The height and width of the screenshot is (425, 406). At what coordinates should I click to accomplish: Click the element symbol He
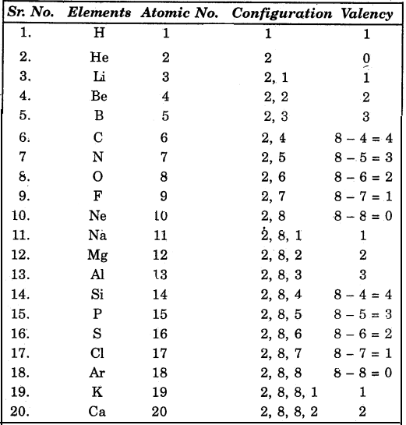[x=100, y=57]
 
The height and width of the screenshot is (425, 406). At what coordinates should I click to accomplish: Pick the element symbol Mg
[x=99, y=254]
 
